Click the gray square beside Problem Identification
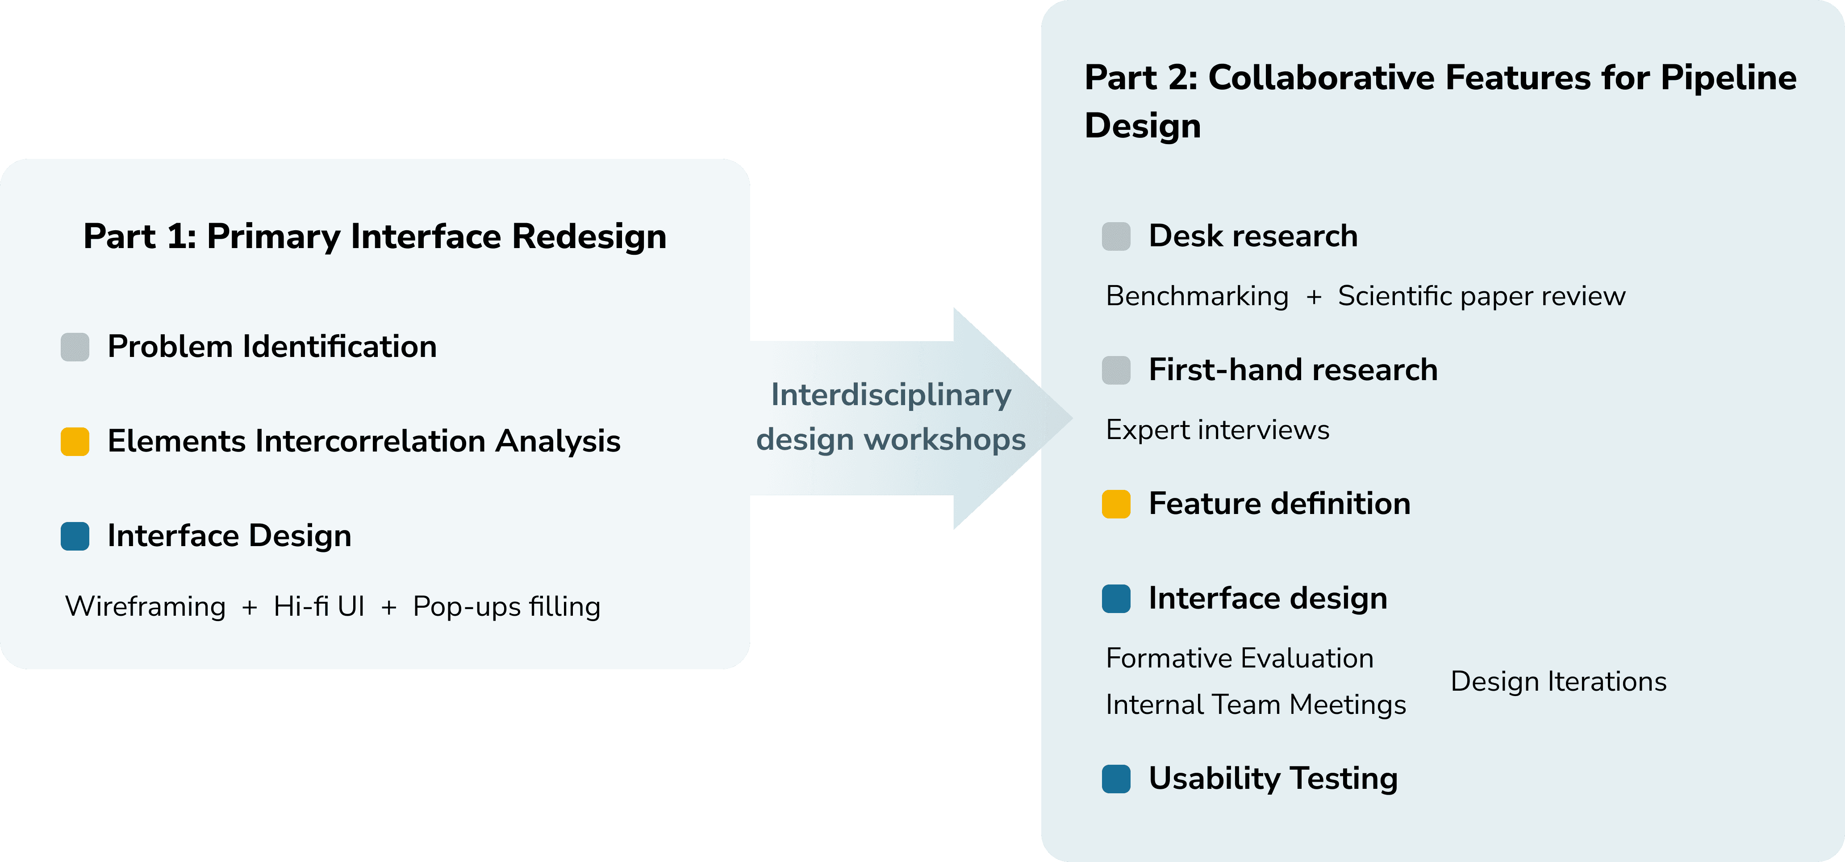(75, 347)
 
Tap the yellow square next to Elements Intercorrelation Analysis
(75, 442)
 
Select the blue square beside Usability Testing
(1116, 779)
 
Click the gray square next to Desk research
(1116, 236)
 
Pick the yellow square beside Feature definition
(1116, 504)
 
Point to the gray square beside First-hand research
(1116, 370)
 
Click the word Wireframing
(146, 606)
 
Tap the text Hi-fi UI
(319, 606)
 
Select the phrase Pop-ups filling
(506, 606)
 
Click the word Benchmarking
(1197, 296)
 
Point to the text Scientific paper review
(1481, 296)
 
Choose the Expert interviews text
(1217, 430)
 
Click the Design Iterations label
(1558, 682)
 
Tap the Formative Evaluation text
(1239, 658)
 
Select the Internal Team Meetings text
(1256, 705)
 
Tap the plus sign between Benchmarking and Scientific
(1314, 296)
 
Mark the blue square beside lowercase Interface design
(1116, 598)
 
